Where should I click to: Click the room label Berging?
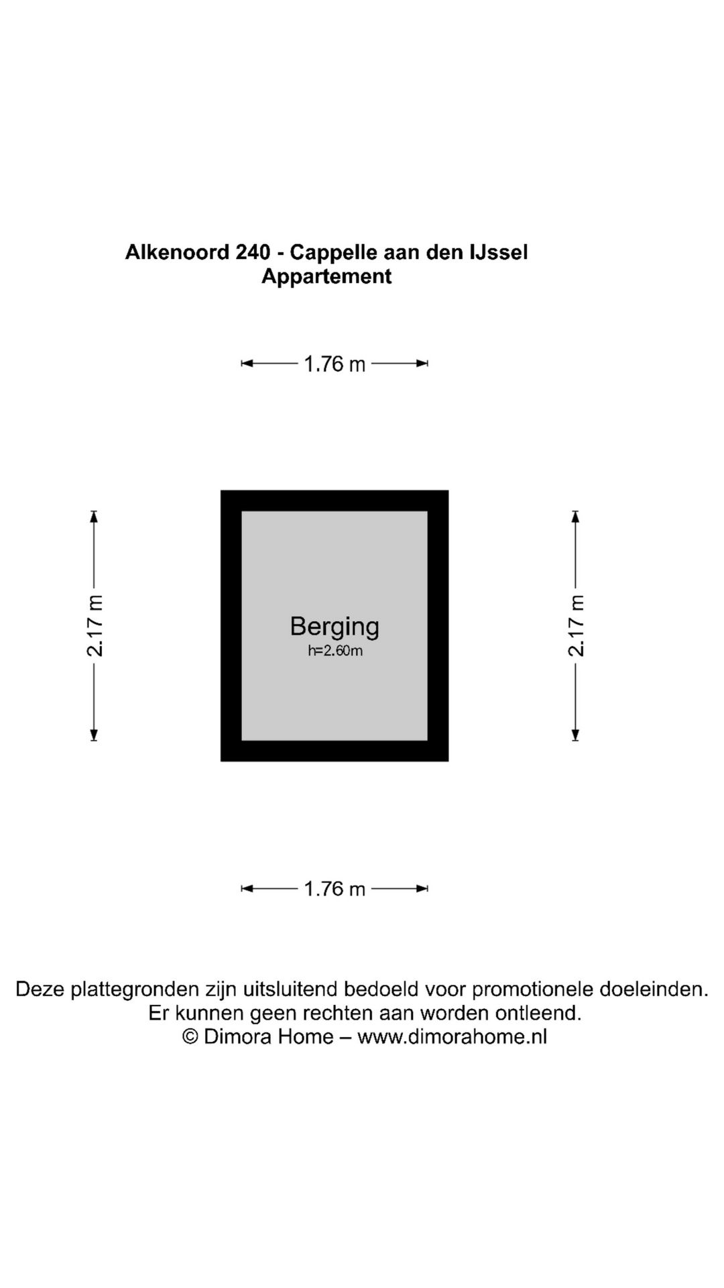tap(335, 627)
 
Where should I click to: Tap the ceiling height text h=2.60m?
tap(335, 651)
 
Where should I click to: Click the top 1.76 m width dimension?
tap(335, 364)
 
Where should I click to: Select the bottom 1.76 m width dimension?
tap(335, 889)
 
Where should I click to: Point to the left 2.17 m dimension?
tap(95, 626)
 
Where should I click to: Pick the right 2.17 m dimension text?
tap(576, 626)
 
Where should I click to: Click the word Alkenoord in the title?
tap(177, 252)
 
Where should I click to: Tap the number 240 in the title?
tap(253, 252)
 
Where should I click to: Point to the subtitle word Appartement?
tap(326, 276)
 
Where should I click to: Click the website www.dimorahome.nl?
tap(452, 1036)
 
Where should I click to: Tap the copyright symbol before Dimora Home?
tap(190, 1036)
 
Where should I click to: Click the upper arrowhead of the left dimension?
tap(94, 517)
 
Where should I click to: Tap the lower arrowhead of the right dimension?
tap(575, 735)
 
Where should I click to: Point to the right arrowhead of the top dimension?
tap(422, 364)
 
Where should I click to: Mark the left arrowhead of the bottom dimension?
tap(247, 889)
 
